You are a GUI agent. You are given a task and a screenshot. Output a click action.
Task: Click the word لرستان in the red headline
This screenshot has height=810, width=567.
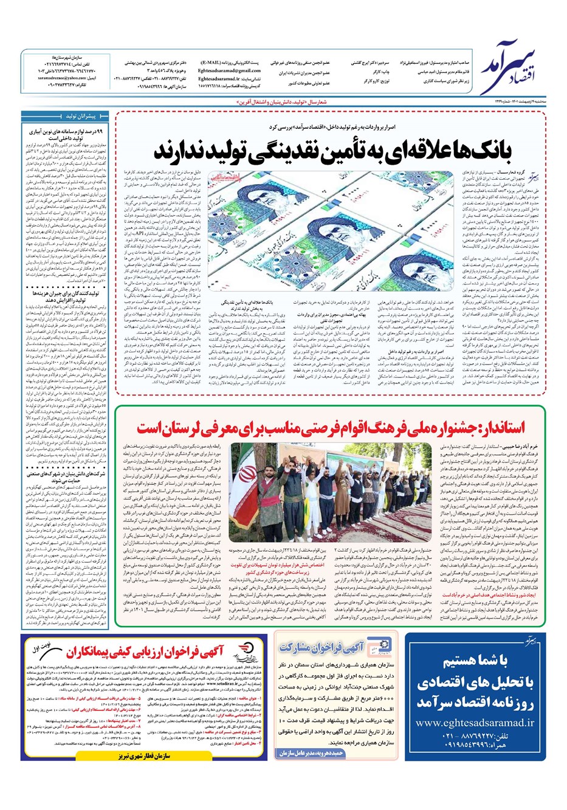[x=177, y=427]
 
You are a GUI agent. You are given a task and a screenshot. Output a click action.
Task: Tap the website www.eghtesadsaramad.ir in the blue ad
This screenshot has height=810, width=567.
[x=475, y=722]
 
